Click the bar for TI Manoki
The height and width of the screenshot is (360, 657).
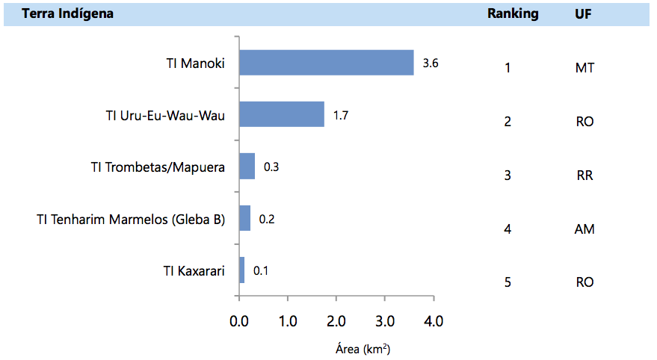tap(326, 63)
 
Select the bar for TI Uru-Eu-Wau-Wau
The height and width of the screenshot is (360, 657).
tap(281, 114)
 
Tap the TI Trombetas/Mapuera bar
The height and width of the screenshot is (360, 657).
tap(247, 166)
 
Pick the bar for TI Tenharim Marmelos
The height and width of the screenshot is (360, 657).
tap(244, 218)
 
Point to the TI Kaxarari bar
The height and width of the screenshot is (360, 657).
tap(241, 270)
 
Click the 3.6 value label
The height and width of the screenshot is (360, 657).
tap(430, 63)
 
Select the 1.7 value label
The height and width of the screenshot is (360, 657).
tap(341, 115)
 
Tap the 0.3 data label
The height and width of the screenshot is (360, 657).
tap(271, 167)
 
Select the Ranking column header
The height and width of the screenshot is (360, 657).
tap(513, 14)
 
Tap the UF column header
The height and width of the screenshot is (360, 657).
tap(583, 14)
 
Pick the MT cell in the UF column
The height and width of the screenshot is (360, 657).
tap(584, 68)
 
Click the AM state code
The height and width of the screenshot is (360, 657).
tap(584, 229)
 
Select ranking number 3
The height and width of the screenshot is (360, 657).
tap(508, 176)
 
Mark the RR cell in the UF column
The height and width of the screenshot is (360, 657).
tap(584, 176)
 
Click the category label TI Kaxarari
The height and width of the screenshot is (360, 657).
tap(194, 270)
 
